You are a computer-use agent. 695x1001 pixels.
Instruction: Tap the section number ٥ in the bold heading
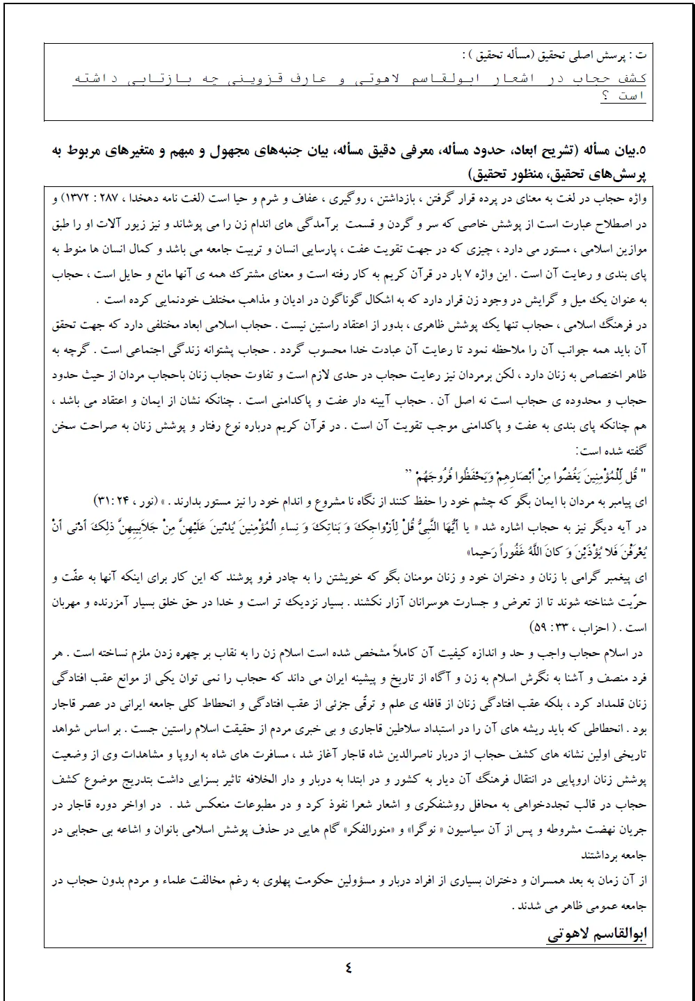point(642,149)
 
